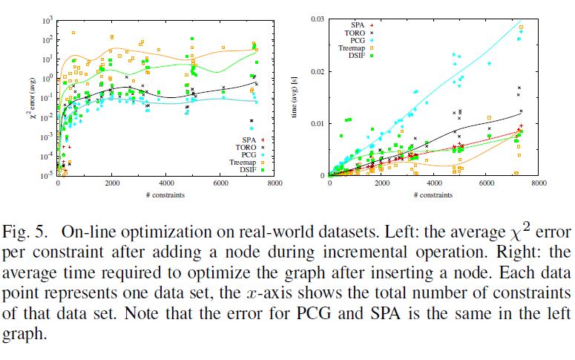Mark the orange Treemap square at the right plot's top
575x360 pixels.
(x=521, y=27)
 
